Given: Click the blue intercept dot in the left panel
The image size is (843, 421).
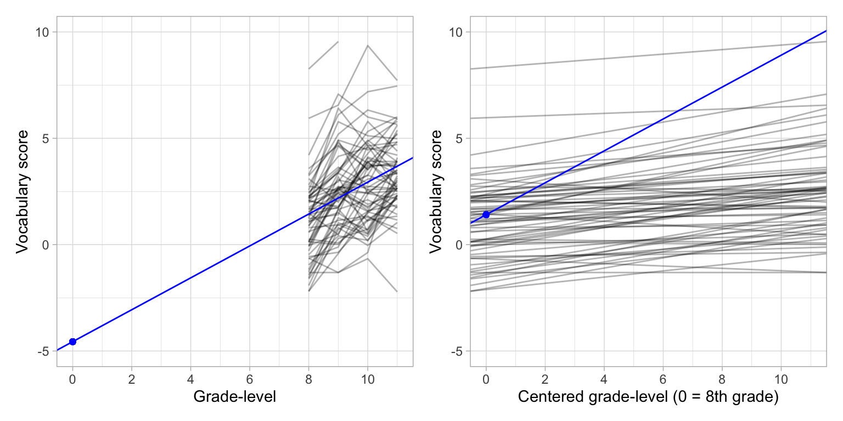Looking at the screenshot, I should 72,342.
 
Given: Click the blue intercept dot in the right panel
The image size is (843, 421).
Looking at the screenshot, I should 486,214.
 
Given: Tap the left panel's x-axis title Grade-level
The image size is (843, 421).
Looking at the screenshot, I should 234,397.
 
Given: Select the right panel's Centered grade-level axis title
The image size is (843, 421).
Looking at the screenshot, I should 648,397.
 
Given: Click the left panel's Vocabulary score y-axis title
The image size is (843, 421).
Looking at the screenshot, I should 22,191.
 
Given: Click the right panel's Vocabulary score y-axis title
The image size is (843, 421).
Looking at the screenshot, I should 436,191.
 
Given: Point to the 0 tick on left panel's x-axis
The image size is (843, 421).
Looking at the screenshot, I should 72,378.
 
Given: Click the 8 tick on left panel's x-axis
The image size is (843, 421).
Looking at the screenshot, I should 308,378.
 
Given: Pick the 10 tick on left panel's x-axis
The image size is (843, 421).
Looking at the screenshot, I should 368,378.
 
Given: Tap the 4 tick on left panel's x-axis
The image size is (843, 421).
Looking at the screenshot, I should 190,378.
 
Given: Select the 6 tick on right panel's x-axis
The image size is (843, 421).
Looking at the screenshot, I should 663,378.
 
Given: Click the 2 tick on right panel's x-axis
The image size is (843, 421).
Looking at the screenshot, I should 545,378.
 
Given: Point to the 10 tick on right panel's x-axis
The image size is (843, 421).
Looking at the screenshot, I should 781,378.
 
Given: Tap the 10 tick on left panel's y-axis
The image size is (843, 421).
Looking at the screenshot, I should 43,32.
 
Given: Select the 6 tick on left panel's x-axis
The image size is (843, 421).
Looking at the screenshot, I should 250,378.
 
